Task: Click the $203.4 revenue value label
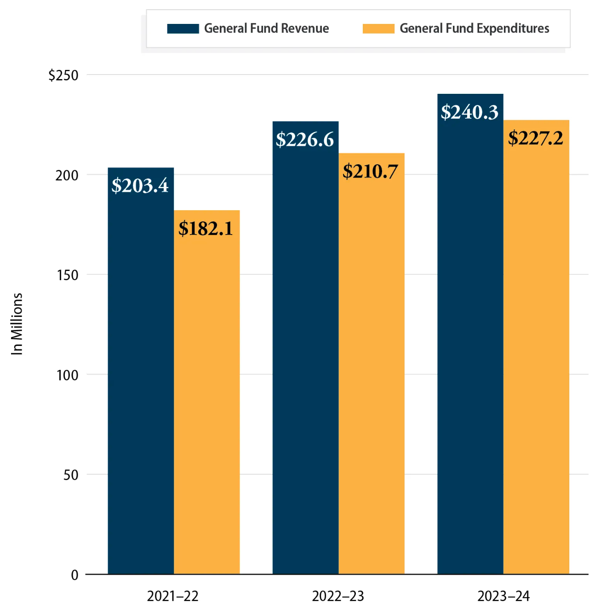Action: point(140,186)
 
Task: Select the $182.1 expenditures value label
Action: point(206,229)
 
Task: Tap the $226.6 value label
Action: point(305,140)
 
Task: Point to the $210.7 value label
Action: point(371,172)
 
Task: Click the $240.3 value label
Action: point(469,112)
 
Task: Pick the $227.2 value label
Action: point(536,138)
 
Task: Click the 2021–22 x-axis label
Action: point(173,596)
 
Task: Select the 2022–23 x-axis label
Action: point(338,596)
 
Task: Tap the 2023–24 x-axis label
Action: point(503,596)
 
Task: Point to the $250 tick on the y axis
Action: point(63,75)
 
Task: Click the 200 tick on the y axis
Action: point(67,175)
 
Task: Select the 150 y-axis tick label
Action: point(67,275)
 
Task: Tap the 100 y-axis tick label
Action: point(67,375)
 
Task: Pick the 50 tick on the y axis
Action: point(71,475)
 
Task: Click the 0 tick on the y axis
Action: point(74,575)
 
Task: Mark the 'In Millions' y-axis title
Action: point(17,324)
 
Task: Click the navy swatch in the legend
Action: point(183,29)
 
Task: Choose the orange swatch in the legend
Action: point(378,29)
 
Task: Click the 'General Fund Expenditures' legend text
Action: point(475,29)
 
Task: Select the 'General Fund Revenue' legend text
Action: point(267,29)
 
